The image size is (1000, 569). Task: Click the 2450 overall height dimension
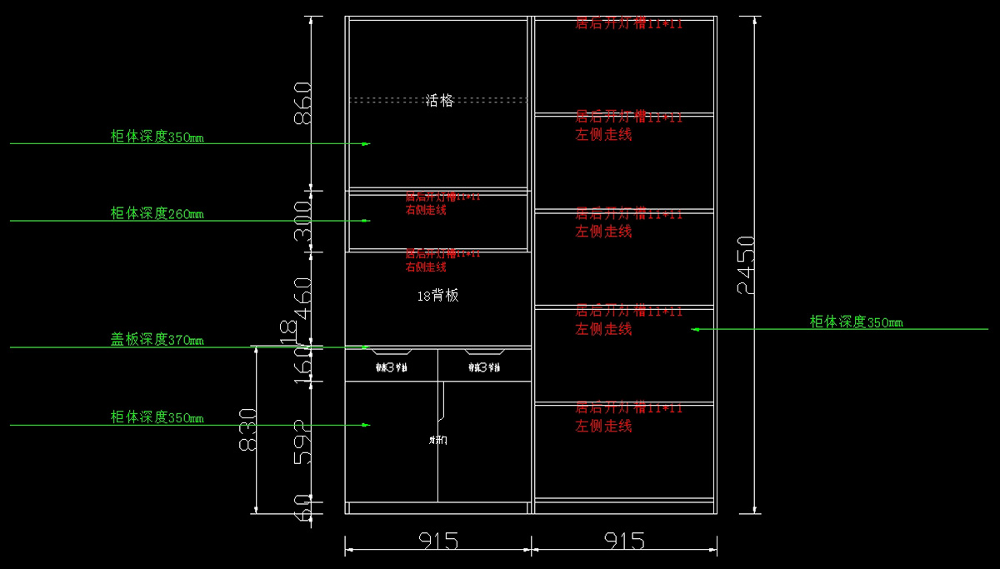[746, 264]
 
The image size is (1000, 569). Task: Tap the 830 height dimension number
[247, 430]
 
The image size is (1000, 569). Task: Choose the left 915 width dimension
[438, 542]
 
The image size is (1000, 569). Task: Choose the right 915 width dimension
[624, 542]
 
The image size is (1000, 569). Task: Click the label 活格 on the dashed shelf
[439, 101]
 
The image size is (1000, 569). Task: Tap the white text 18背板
[437, 296]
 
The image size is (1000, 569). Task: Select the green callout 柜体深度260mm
[157, 214]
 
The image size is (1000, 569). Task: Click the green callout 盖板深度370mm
[157, 340]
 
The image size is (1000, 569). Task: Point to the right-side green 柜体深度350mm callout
[856, 322]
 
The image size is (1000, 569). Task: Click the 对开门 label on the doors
[437, 440]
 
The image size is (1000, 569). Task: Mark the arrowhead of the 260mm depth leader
[366, 221]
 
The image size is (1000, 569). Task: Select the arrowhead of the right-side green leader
[694, 329]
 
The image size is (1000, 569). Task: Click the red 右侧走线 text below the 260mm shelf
[426, 210]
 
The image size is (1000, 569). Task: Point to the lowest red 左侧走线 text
[603, 427]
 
